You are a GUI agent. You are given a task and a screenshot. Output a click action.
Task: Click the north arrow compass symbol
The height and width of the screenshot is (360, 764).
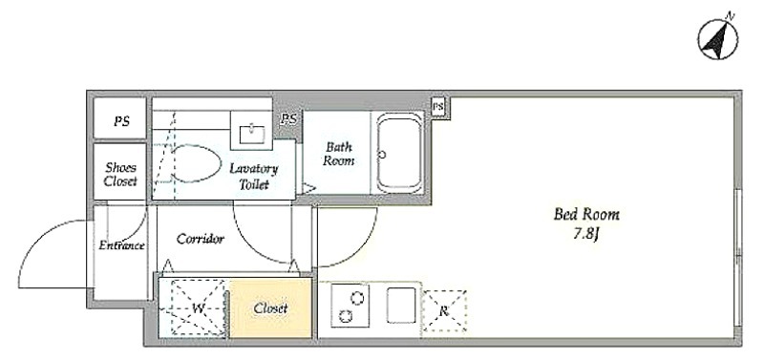pos(718,38)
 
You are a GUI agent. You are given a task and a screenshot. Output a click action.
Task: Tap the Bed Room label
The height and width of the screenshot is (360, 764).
pos(586,214)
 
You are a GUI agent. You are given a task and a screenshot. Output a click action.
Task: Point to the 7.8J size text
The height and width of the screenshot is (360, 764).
pos(585,234)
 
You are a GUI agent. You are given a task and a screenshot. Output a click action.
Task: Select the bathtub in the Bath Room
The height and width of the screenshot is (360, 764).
pos(399,153)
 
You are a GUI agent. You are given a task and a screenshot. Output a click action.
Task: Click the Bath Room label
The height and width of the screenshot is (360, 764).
pos(339,154)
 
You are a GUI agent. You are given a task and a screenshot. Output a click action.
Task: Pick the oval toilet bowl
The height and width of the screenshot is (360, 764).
pos(195,164)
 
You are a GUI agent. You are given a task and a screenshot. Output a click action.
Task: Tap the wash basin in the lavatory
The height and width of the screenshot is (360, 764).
pos(252,132)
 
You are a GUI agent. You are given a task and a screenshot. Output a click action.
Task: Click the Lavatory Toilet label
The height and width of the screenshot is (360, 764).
pos(253,177)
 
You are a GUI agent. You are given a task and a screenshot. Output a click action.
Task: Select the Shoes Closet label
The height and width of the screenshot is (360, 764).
pos(121,175)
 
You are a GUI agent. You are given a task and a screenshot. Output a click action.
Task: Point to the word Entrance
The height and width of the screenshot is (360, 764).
pos(121,245)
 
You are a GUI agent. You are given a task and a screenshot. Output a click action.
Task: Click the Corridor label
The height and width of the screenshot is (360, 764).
pos(201,239)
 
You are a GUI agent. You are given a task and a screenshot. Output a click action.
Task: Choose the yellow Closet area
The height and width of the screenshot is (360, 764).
pos(270,307)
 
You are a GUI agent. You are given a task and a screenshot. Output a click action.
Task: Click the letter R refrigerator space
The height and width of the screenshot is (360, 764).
pos(444,311)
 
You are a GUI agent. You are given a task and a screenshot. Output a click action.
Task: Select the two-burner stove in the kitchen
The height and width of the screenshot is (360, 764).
pos(350,306)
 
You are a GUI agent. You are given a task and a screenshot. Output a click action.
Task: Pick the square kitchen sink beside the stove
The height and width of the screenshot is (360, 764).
pos(401,305)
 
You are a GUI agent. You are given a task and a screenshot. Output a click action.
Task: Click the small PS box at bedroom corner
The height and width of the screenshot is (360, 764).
pos(438,106)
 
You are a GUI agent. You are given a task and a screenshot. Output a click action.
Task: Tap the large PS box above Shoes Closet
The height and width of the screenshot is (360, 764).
pos(120,118)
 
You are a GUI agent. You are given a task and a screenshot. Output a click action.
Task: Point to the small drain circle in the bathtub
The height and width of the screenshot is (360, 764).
pos(382,155)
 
